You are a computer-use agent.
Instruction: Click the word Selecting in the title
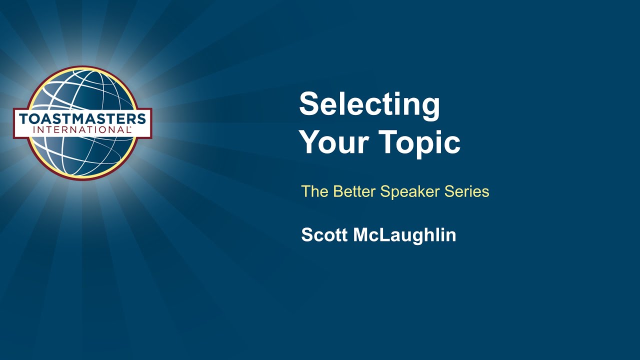(x=369, y=105)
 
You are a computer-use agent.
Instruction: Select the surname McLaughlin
(x=404, y=235)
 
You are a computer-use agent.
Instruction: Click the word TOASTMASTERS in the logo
(x=82, y=119)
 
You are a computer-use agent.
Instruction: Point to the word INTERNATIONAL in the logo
(x=82, y=129)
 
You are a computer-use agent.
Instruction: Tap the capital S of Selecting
(x=309, y=104)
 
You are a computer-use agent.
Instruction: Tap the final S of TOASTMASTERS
(x=142, y=119)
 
